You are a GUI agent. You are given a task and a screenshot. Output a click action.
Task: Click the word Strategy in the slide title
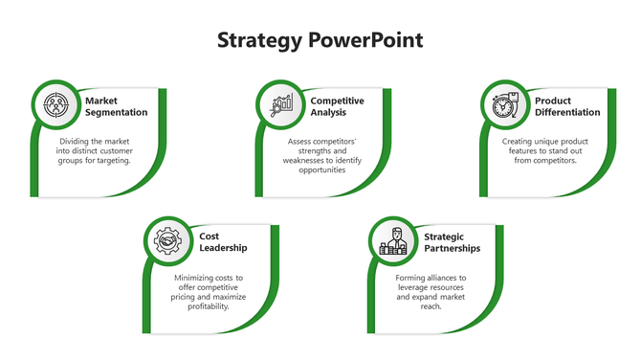(x=259, y=40)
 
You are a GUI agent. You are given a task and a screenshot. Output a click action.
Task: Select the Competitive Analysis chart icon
(x=281, y=104)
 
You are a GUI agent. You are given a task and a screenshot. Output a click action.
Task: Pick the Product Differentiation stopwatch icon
(x=504, y=104)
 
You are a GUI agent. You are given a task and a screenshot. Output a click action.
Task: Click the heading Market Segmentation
(x=116, y=106)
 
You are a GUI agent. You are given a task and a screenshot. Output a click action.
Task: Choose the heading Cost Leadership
(x=223, y=241)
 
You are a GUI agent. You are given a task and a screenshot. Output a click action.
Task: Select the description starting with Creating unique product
(x=546, y=150)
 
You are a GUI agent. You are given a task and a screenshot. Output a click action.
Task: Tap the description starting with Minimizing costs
(x=209, y=292)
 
